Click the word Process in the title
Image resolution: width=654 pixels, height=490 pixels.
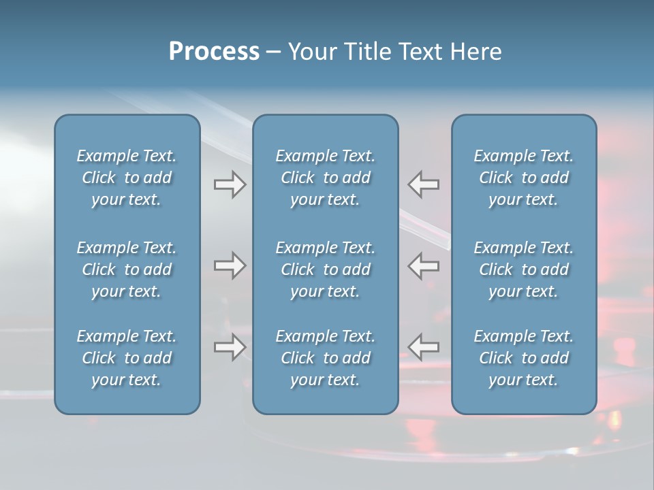point(214,52)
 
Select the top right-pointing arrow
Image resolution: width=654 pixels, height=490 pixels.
point(230,184)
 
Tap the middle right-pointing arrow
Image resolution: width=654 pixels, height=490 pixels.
point(230,265)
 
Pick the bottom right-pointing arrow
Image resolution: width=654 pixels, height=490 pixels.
point(230,347)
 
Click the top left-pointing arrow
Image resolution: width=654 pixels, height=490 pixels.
point(423,184)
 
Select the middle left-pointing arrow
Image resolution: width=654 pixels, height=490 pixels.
point(423,265)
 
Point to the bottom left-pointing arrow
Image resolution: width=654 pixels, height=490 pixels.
point(423,347)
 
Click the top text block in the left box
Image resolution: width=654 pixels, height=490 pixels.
point(127,178)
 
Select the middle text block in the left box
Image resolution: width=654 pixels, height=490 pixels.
point(127,269)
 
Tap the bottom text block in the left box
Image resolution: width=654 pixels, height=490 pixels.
point(127,358)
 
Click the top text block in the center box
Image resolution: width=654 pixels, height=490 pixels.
point(325,178)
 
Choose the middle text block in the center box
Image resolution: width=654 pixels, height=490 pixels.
point(325,269)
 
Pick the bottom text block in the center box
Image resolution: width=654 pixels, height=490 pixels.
point(325,358)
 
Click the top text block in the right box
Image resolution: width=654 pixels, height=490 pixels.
point(523,178)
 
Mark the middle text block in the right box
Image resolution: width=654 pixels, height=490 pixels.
point(523,269)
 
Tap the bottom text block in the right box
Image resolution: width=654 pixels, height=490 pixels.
point(523,358)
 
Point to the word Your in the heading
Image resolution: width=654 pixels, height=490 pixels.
point(311,52)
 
